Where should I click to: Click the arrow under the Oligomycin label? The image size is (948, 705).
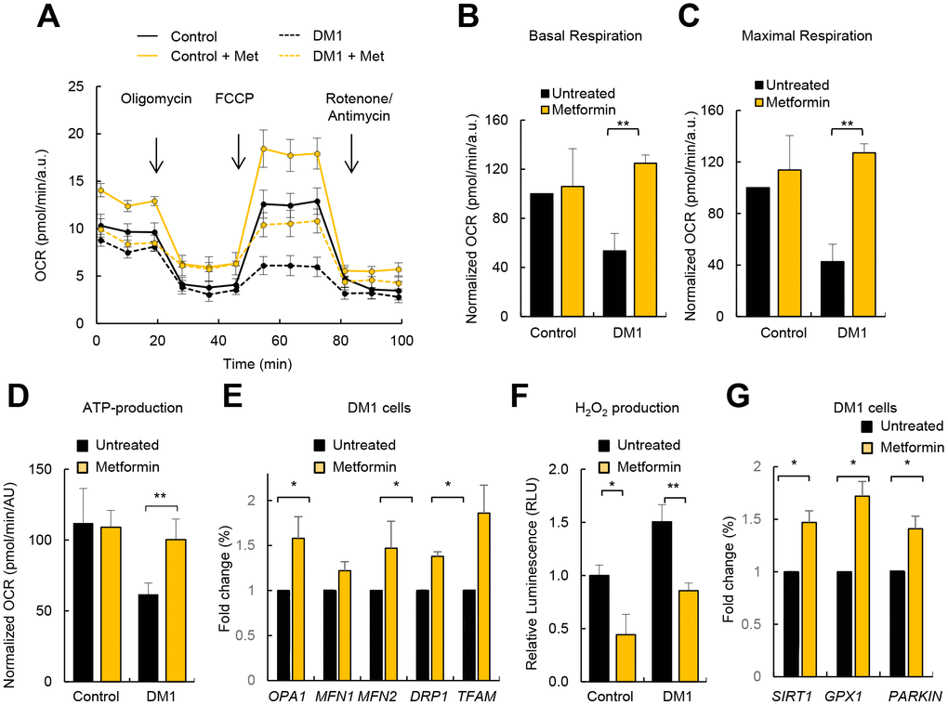click(x=156, y=154)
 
